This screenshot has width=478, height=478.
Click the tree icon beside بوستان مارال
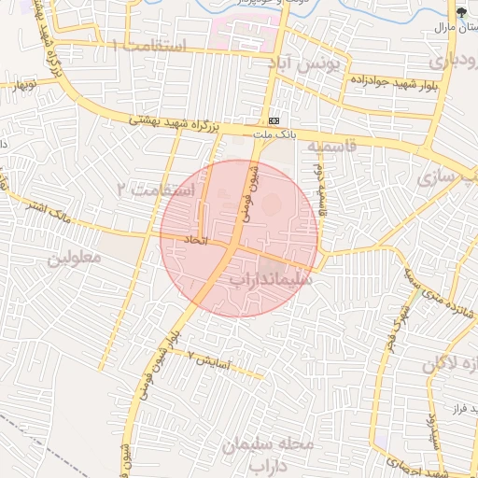pyautogui.click(x=463, y=12)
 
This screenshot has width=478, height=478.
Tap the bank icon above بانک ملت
pyautogui.click(x=274, y=122)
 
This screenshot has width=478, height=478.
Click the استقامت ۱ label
pyautogui.click(x=148, y=46)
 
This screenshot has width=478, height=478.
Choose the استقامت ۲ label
pyautogui.click(x=157, y=190)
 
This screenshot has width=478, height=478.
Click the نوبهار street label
pyautogui.click(x=22, y=82)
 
